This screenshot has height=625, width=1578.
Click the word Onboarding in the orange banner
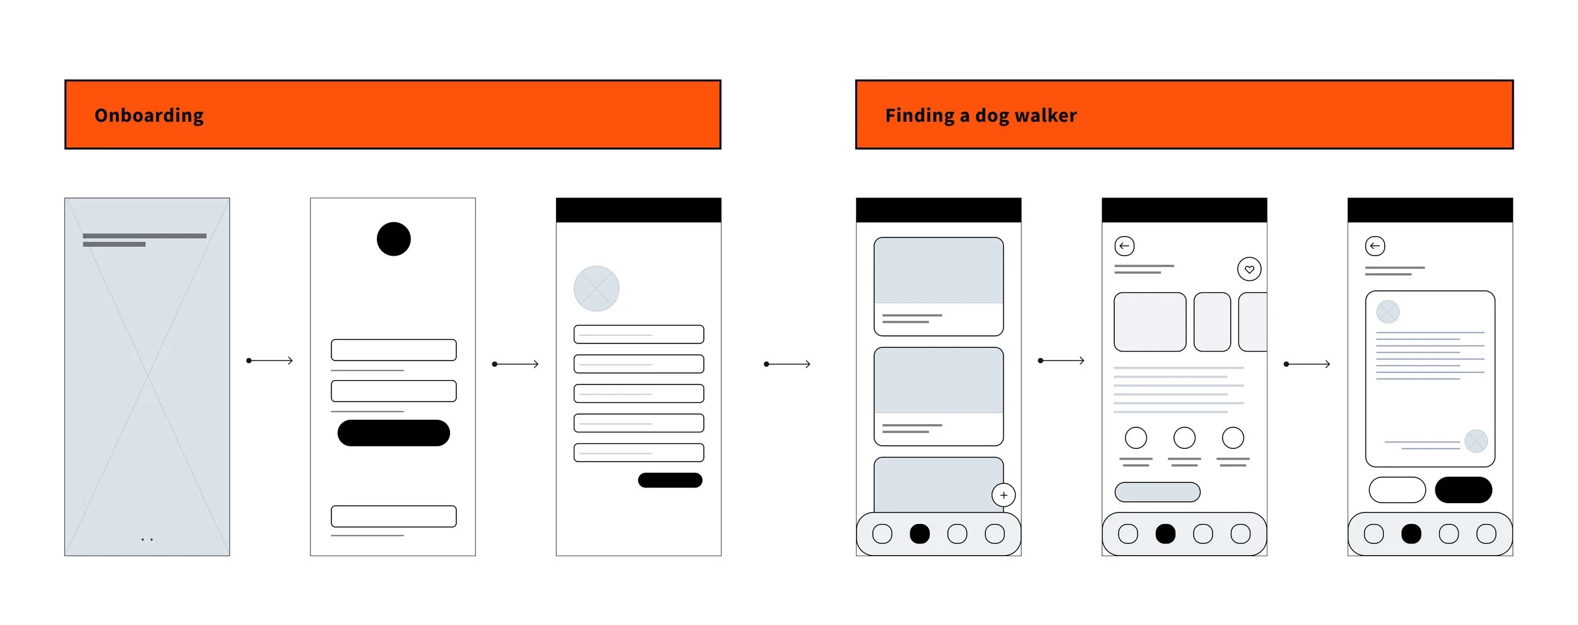pyautogui.click(x=149, y=116)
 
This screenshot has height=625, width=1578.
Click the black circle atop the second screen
pyautogui.click(x=393, y=239)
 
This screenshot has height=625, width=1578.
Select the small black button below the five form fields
pyautogui.click(x=670, y=480)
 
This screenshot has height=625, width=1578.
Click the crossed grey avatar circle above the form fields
pyautogui.click(x=596, y=289)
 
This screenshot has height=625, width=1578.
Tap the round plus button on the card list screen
pyautogui.click(x=1004, y=496)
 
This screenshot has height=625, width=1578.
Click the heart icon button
pyautogui.click(x=1249, y=270)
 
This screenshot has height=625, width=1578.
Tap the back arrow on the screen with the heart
pyautogui.click(x=1124, y=246)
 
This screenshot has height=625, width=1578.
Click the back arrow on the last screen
pyautogui.click(x=1375, y=246)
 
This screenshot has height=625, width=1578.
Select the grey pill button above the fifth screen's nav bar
pyautogui.click(x=1157, y=492)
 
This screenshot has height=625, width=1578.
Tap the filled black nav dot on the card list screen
pyautogui.click(x=920, y=534)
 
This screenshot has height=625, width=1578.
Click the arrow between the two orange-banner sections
pyautogui.click(x=787, y=364)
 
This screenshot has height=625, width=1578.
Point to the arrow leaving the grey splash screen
pyautogui.click(x=270, y=360)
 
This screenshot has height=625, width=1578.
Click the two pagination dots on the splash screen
pyautogui.click(x=147, y=540)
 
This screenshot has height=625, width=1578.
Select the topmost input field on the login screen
pyautogui.click(x=393, y=350)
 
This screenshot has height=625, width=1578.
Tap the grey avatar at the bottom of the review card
pyautogui.click(x=1476, y=441)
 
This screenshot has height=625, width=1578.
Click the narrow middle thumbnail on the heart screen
pyautogui.click(x=1212, y=322)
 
